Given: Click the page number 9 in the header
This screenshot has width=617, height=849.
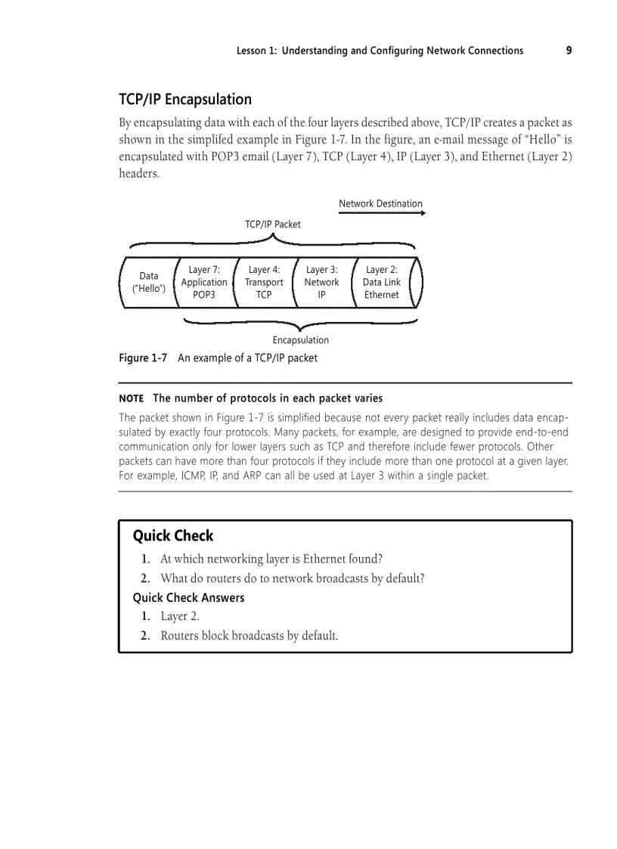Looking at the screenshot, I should point(569,51).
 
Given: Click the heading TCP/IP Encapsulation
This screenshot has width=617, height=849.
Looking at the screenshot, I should point(185,100).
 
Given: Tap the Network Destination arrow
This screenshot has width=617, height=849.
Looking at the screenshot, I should point(382,213).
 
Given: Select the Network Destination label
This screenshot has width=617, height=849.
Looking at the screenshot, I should point(380,203).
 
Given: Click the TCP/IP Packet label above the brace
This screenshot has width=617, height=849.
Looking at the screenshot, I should point(273,224).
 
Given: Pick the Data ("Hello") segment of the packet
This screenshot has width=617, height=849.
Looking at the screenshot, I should point(149,282).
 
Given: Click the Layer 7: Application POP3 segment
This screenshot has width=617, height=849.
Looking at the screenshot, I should point(204,282).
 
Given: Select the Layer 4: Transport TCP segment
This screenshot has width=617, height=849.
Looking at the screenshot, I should point(264,282).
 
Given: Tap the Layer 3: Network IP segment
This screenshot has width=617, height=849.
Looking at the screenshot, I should point(321,282).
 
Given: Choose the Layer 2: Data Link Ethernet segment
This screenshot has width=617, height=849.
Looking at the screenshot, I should point(382,282).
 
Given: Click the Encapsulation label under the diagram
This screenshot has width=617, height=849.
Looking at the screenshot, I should point(300,340).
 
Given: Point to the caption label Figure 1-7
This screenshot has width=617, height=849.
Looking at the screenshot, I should point(143,358).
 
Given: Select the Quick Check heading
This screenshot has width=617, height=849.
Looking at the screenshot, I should point(173,536).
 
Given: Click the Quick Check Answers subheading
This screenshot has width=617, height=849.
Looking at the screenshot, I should point(188,597).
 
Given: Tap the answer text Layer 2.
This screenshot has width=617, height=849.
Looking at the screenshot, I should point(180,616).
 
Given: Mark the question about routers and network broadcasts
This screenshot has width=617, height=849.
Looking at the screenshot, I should point(292,578).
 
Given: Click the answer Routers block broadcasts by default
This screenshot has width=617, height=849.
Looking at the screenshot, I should point(249,635).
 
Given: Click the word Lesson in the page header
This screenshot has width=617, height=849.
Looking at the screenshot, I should point(253,51).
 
